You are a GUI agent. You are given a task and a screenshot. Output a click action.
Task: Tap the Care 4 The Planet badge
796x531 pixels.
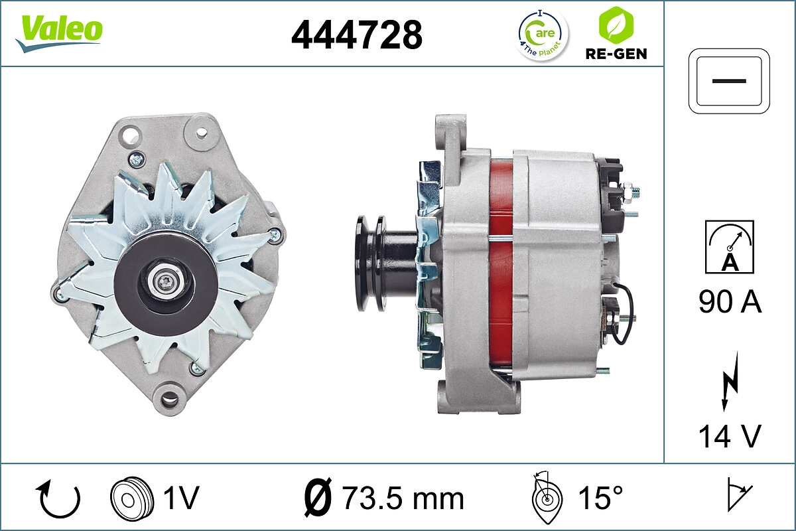point(542,34)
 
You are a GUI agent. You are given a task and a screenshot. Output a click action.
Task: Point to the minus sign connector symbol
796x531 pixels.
point(730,80)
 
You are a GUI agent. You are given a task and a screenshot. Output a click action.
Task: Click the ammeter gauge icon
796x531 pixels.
point(730,246)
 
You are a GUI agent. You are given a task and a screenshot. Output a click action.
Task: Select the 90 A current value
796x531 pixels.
point(730,303)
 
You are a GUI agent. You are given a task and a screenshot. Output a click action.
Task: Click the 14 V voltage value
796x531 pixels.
point(730,436)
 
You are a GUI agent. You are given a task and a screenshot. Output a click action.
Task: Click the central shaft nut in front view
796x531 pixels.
point(166,282)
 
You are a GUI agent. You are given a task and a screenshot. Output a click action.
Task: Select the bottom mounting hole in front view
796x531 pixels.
point(170,398)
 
